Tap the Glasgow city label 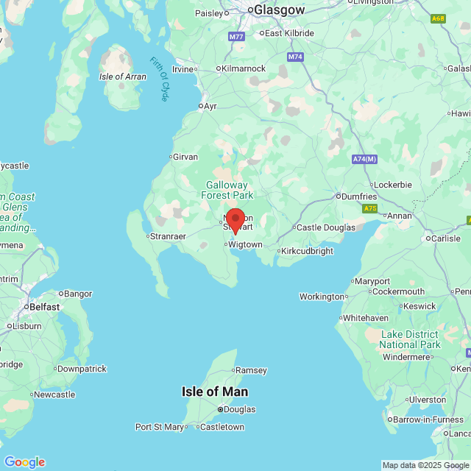(279, 10)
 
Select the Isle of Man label (215, 392)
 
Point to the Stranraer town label (168, 236)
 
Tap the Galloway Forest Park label (227, 190)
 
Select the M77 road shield (236, 36)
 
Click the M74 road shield (295, 57)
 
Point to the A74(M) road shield (364, 159)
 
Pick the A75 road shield (370, 209)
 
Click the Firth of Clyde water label (161, 79)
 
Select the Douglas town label (239, 409)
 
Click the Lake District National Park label (411, 339)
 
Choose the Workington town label (322, 297)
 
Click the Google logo (24, 461)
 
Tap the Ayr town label (210, 106)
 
